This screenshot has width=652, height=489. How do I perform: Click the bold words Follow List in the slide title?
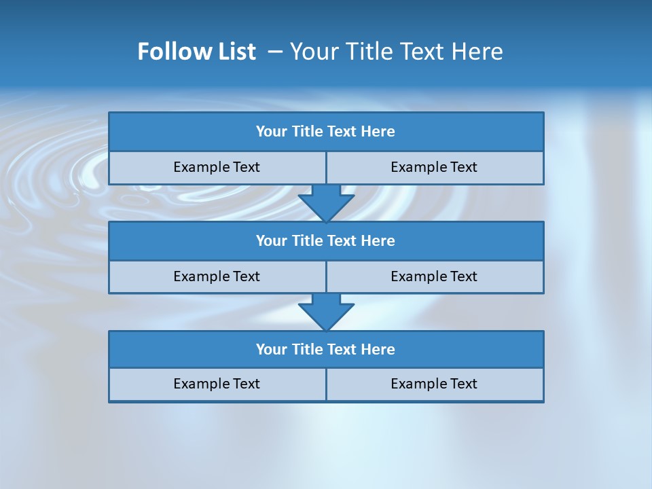pos(196,52)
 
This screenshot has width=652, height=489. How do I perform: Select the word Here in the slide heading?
pos(477,52)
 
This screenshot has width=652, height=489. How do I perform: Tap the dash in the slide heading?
pos(275,52)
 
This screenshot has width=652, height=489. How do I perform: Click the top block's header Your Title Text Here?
pos(325,132)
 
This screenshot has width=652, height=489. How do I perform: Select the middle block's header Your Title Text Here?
pos(325,240)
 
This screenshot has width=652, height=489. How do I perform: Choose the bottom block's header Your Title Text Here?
pos(325,349)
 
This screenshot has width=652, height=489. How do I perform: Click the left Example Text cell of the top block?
pos(217,167)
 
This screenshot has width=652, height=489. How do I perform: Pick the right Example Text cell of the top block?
pos(434,167)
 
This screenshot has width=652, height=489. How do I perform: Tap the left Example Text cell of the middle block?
pos(217,276)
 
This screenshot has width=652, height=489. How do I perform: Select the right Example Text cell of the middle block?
pos(434,276)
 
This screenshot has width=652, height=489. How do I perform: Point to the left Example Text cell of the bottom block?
pos(217,384)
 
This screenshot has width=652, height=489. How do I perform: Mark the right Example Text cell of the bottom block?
pos(434,384)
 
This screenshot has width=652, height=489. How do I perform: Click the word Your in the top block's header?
pos(272,132)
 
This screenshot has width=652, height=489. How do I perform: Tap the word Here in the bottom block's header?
pos(378,349)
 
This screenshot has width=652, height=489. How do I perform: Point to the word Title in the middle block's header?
pos(308,240)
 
